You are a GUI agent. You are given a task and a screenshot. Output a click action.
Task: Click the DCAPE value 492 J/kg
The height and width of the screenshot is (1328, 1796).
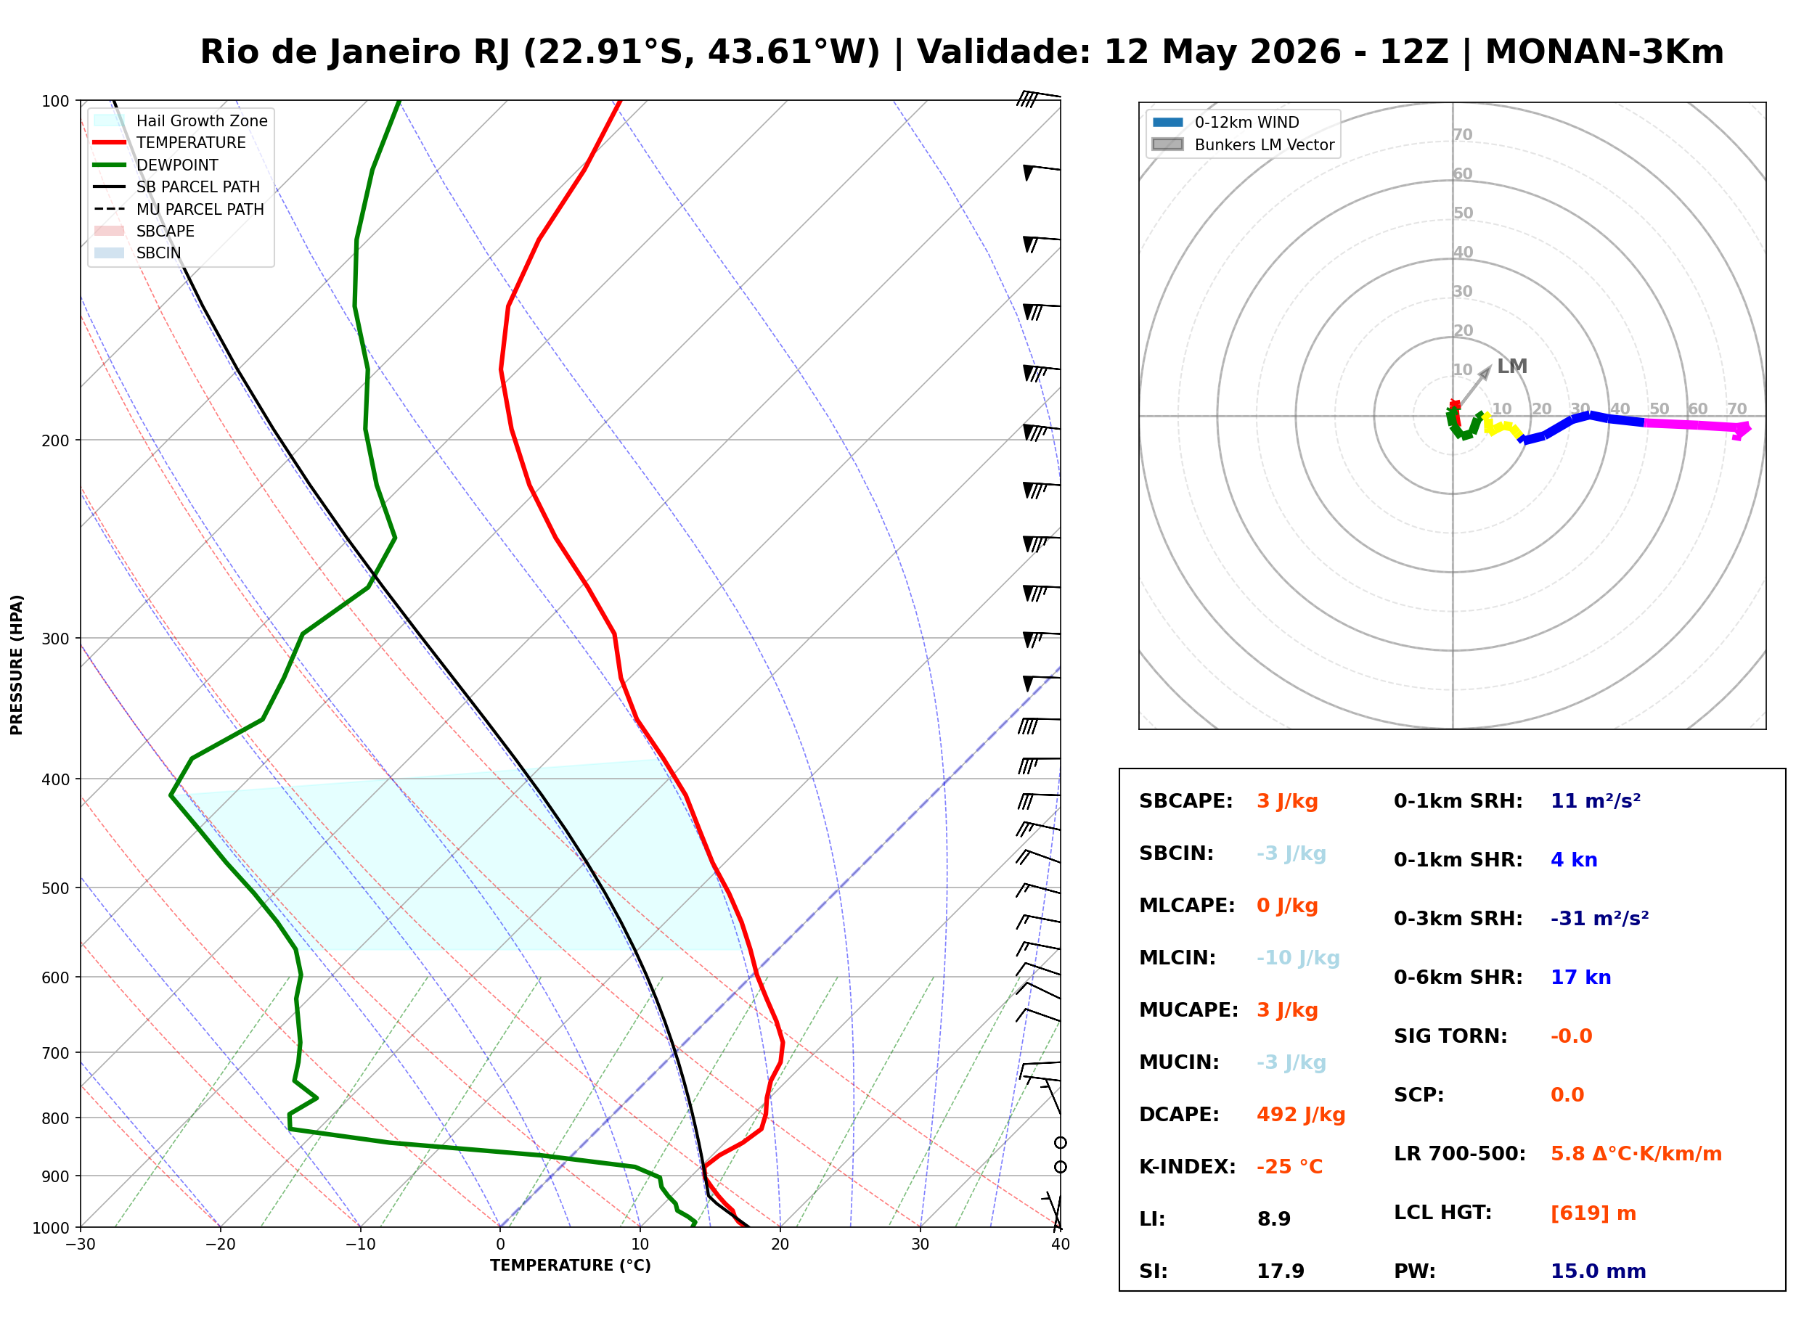(1301, 1115)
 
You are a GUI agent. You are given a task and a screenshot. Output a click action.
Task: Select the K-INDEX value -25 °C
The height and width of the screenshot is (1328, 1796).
(1289, 1167)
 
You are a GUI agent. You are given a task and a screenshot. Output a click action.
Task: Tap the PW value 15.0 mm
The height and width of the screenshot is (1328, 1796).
(1599, 1271)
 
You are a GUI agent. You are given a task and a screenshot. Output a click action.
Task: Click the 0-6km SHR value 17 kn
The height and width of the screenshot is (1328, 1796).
(1580, 977)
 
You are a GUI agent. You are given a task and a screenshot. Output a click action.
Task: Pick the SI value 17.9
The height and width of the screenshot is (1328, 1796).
(1281, 1271)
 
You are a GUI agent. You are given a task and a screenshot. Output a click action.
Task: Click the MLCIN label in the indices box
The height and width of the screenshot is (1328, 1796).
(1177, 958)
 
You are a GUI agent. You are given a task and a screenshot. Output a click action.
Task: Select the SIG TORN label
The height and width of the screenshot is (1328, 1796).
(1450, 1036)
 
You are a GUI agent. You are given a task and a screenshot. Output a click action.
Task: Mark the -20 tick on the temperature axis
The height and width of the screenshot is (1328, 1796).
(220, 1245)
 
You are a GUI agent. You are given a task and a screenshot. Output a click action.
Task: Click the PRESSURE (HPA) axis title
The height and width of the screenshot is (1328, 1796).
(17, 665)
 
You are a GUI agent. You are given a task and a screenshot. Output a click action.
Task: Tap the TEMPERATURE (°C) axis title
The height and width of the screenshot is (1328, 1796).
(570, 1266)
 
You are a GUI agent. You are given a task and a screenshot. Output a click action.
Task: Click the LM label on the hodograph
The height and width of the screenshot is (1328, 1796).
(1511, 366)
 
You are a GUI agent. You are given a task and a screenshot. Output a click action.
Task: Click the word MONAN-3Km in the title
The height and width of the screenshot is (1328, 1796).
(1604, 52)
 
